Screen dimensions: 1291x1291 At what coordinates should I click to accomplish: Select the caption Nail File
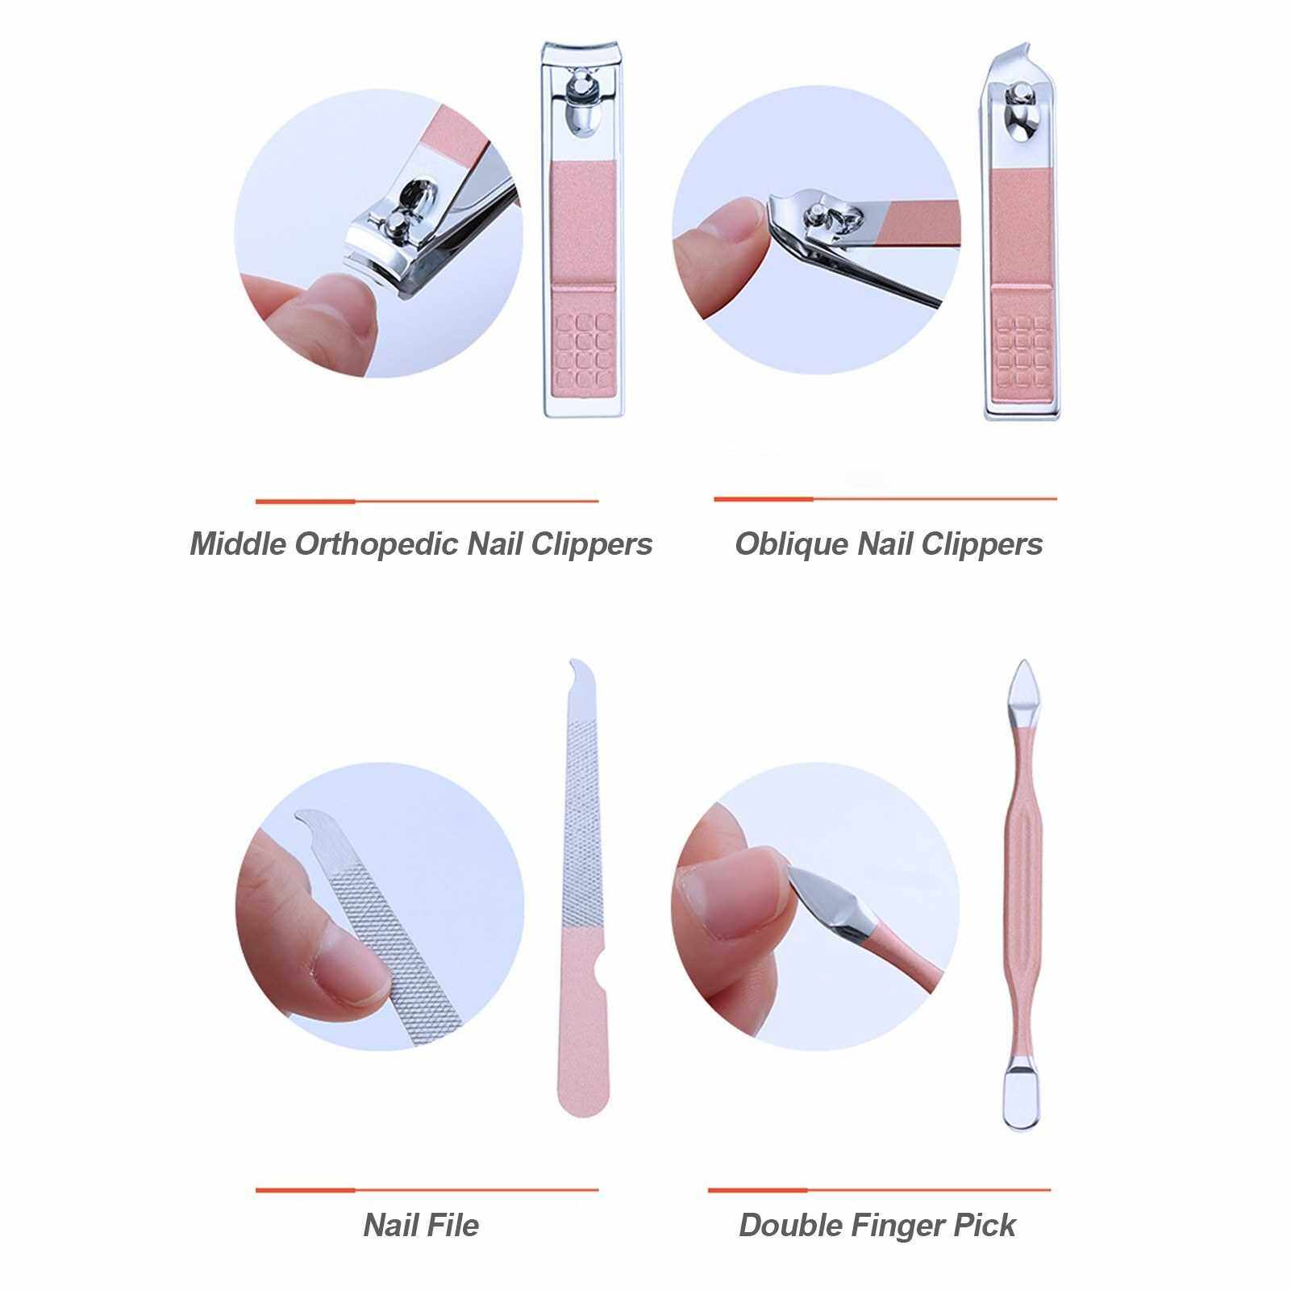click(421, 1226)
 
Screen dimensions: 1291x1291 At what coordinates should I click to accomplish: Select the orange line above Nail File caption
click(427, 1189)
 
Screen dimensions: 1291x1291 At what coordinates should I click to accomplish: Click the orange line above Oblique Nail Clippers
click(885, 499)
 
